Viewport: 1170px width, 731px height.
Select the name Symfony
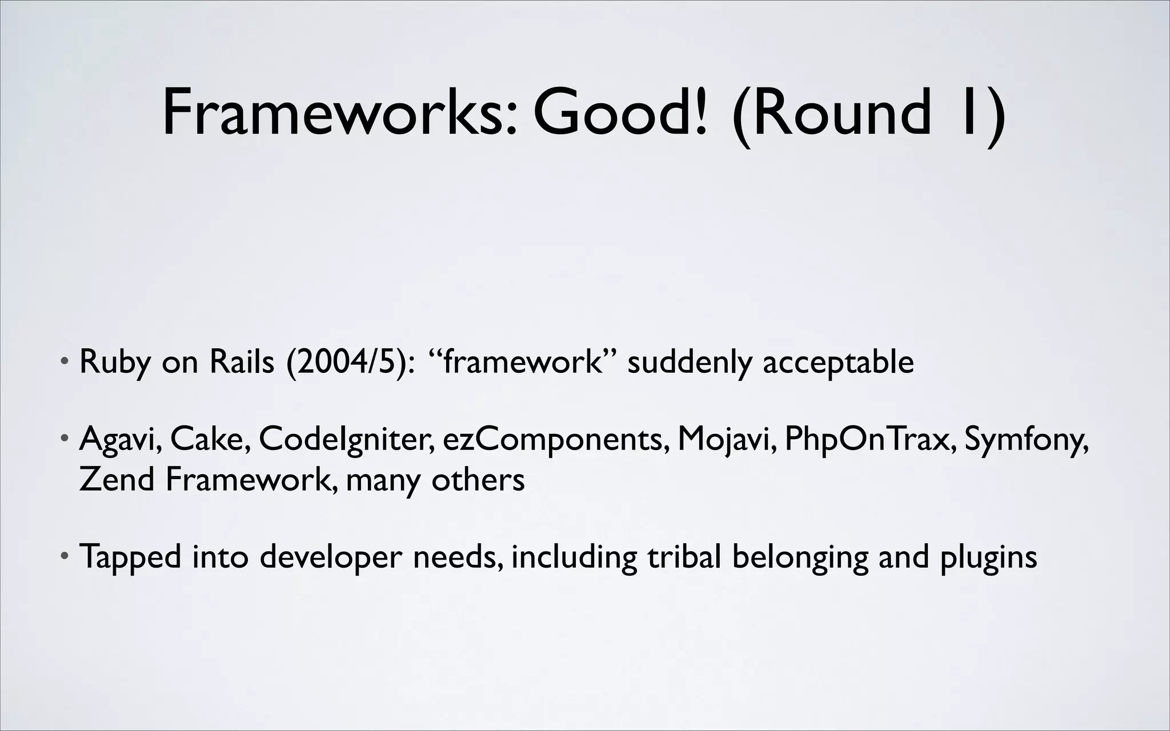click(x=1026, y=440)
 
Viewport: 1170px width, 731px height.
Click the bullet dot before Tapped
click(x=66, y=555)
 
